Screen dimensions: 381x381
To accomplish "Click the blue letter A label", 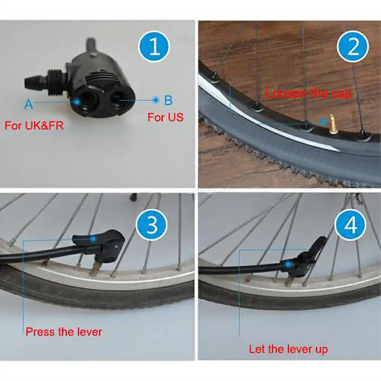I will pyautogui.click(x=29, y=104).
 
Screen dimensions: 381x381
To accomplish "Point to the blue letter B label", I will pyautogui.click(x=168, y=100).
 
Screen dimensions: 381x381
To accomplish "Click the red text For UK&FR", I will pyautogui.click(x=34, y=126).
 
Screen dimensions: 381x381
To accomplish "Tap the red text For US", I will pyautogui.click(x=165, y=117).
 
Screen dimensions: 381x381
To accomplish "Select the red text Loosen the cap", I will pyautogui.click(x=308, y=94).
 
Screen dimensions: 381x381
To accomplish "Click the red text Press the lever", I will pyautogui.click(x=64, y=332).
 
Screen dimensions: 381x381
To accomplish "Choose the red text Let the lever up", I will pyautogui.click(x=288, y=349).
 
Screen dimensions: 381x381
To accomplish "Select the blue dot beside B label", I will pyautogui.click(x=155, y=100).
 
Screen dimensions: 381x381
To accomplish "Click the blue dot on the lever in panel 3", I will pyautogui.click(x=93, y=239).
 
